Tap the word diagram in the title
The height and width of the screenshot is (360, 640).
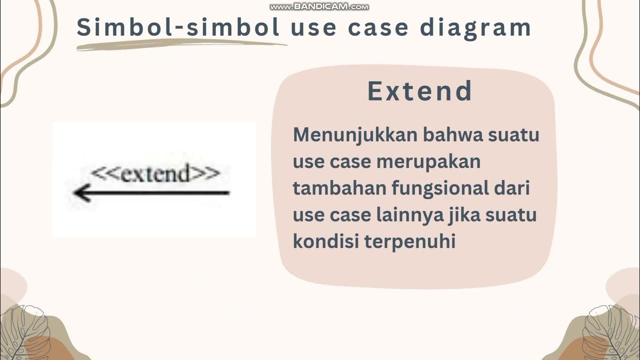click(x=475, y=28)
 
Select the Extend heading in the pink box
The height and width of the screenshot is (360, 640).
click(x=420, y=91)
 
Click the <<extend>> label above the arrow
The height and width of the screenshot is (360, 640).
click(x=155, y=174)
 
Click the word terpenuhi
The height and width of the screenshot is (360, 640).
click(x=410, y=242)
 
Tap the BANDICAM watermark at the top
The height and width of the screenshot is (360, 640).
click(x=319, y=6)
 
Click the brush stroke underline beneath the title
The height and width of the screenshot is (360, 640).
click(x=180, y=45)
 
